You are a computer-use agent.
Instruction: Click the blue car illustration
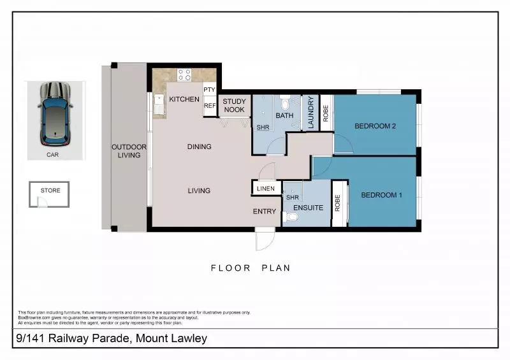pos(55,113)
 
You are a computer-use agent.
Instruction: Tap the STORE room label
pos(50,190)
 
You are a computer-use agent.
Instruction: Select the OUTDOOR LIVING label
pos(129,151)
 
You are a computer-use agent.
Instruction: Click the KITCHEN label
pos(184,99)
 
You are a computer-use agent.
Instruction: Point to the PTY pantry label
pos(209,90)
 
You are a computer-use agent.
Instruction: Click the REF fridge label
pos(210,106)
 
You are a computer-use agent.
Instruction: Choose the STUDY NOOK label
pos(234,106)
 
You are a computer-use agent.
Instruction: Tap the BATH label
pos(284,116)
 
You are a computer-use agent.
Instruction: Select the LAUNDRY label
pos(310,113)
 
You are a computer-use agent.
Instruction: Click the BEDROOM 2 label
pos(375,126)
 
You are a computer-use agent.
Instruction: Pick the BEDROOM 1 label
pos(381,195)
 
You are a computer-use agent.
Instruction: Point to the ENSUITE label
pos(309,208)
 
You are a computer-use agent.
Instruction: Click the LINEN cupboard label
pos(266,189)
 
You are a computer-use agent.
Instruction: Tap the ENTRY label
pos(265,212)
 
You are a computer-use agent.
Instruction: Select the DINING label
pos(199,147)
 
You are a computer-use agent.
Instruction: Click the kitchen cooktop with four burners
pos(184,75)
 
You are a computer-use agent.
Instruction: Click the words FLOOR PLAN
pos(251,268)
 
